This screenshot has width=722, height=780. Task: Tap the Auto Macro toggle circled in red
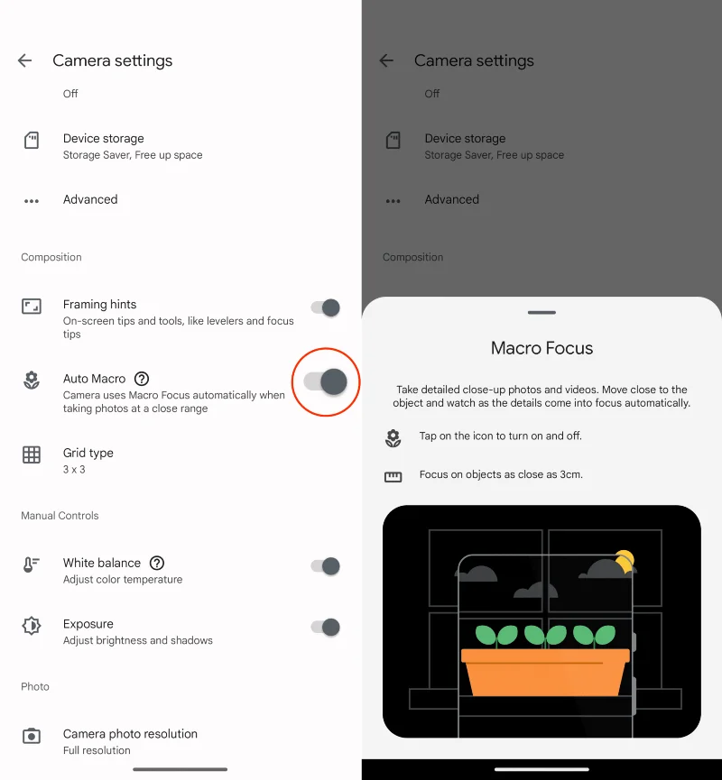tap(326, 382)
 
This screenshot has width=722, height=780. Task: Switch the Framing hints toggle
tap(326, 307)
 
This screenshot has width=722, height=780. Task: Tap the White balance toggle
tap(326, 566)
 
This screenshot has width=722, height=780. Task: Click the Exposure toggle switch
tap(326, 627)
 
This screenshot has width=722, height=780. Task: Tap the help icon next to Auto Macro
tap(142, 379)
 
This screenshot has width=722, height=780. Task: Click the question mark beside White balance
tap(157, 563)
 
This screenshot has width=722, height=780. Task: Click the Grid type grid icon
tap(32, 454)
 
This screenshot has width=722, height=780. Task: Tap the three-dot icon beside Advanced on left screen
tap(32, 201)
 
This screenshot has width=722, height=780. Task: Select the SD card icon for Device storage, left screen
tap(32, 141)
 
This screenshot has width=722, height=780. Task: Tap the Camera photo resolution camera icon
tap(32, 736)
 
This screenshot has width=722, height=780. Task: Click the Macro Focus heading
tap(541, 348)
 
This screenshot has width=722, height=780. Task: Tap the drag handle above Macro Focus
tap(541, 312)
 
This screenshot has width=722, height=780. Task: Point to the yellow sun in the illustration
tap(625, 561)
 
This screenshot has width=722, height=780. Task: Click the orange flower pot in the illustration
tap(545, 672)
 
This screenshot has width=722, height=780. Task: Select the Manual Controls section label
tap(60, 516)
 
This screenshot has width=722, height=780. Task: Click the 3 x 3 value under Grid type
tap(74, 470)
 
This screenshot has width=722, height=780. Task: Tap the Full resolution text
tap(97, 750)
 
